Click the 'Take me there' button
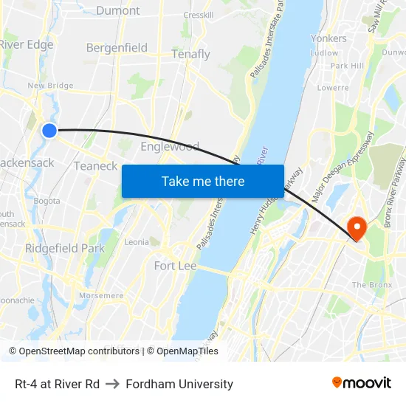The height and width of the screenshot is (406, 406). point(203,181)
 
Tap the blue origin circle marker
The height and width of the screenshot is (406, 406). point(49,131)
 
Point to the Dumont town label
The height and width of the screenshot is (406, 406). point(117,10)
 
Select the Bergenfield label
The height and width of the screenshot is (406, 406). point(117,48)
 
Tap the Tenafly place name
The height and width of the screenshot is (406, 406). point(190,55)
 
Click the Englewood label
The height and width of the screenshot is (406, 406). point(170,146)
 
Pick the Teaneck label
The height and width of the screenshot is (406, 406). point(95,166)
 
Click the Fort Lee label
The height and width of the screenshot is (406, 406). point(175,266)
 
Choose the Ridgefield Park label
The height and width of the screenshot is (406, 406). point(65,249)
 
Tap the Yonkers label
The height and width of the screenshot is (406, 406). point(328,38)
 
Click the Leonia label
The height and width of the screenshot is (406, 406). point(137,242)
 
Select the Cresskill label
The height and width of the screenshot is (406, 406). point(199,15)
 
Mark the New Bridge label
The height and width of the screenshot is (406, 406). point(50,86)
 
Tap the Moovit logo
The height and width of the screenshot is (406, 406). point(361,383)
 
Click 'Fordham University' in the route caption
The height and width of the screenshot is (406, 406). point(179,384)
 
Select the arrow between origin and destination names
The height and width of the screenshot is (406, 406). point(113,384)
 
